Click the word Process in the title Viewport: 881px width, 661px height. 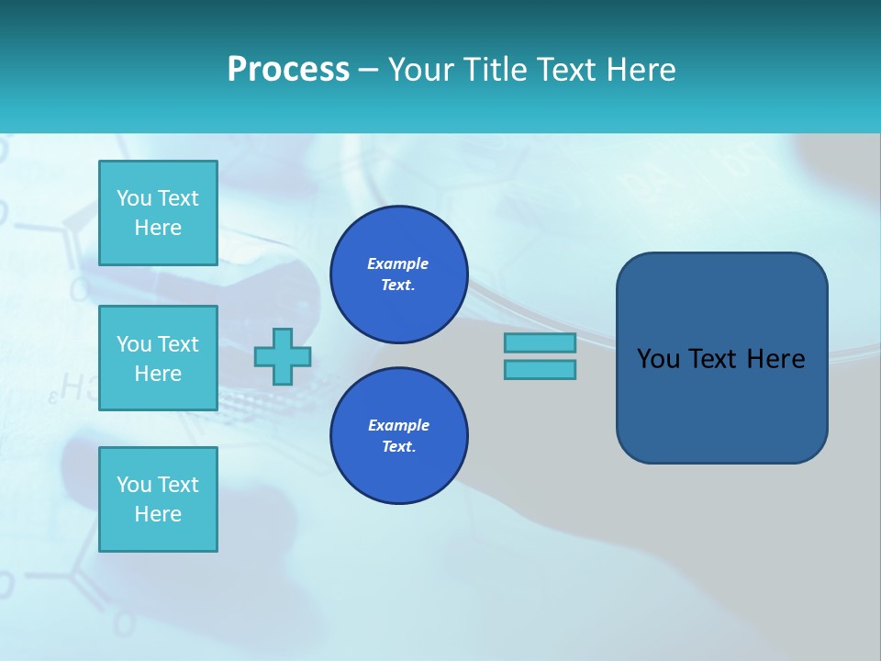(288, 70)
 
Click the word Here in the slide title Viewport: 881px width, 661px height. (641, 70)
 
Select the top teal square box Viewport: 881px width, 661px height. (158, 213)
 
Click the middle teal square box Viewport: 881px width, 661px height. (158, 358)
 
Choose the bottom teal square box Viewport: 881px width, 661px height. (158, 499)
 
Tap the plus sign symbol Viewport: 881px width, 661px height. (283, 356)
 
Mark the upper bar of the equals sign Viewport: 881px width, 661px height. (540, 342)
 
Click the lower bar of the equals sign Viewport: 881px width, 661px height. (540, 370)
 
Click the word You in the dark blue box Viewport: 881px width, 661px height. (659, 359)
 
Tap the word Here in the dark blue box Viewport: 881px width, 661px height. (775, 359)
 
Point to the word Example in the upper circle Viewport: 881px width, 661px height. (397, 263)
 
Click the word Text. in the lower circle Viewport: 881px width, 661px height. (398, 447)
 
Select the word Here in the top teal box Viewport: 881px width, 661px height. (158, 228)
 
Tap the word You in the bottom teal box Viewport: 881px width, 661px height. (134, 485)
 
